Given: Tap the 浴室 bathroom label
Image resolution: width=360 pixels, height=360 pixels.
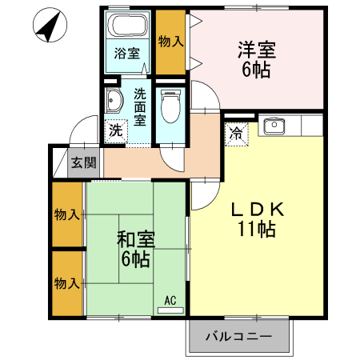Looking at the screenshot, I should (x=127, y=54).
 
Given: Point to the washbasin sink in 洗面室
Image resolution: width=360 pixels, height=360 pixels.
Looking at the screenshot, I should (x=114, y=101).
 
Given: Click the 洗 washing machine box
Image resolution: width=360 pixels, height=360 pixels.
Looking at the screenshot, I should (x=116, y=130).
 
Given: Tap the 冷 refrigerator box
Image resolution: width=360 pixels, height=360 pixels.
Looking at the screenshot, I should (x=238, y=134).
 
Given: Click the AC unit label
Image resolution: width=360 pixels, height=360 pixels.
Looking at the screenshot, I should (x=170, y=302).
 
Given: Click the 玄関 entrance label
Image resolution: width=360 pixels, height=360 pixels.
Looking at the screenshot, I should (x=83, y=163).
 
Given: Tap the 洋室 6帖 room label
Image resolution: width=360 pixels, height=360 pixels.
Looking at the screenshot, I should (x=256, y=59).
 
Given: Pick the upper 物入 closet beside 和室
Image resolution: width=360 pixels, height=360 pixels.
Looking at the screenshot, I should (x=66, y=214).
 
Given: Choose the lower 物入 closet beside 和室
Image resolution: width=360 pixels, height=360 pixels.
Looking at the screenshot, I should (x=66, y=283).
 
